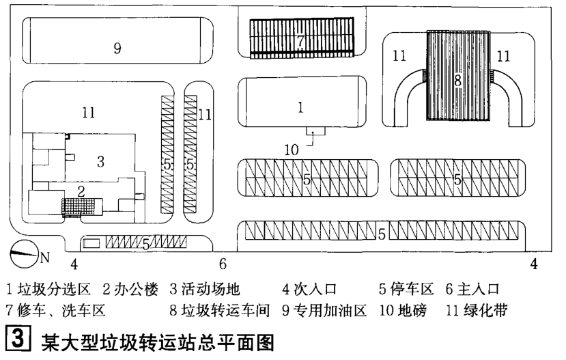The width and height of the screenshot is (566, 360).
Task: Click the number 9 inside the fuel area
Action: coord(117,48)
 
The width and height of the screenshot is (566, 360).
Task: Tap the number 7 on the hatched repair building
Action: coord(300,39)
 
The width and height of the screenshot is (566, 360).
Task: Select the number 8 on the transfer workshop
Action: coord(457,80)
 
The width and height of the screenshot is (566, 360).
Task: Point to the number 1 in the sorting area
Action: coord(300,107)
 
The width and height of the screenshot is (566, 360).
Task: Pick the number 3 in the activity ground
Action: coord(100,161)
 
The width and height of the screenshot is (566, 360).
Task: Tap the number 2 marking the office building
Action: coord(81,191)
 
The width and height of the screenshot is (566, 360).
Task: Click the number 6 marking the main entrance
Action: coord(223,263)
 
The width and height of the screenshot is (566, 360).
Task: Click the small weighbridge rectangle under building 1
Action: coord(312,129)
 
